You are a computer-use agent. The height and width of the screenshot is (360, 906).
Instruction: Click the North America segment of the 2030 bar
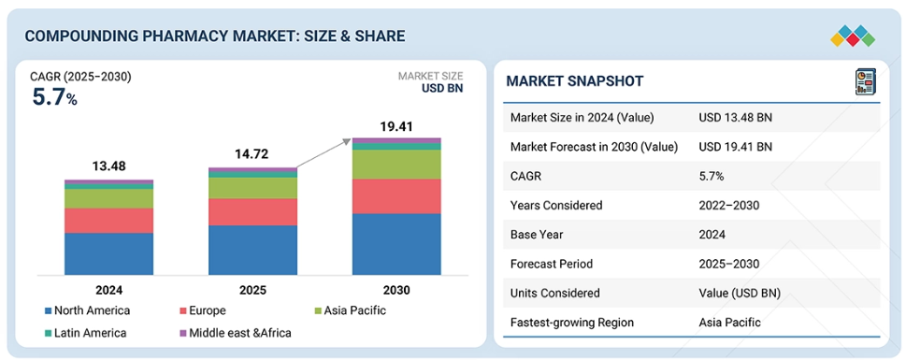coord(396,244)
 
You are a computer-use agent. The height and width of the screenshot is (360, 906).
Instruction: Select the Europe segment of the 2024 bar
coord(108,221)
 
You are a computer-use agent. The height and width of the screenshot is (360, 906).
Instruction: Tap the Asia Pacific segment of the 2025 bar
coord(252,188)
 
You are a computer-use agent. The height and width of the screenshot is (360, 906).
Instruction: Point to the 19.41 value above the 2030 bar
coord(396,126)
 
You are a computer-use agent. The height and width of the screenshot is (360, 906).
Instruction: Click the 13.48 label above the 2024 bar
coord(108,166)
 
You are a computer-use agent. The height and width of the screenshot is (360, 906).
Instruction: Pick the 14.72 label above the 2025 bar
coord(252,154)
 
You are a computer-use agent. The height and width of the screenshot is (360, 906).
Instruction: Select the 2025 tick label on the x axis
coord(252,290)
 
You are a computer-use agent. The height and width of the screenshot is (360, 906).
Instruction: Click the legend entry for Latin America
coord(85,333)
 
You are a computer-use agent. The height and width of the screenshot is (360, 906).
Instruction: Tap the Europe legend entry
coord(202,310)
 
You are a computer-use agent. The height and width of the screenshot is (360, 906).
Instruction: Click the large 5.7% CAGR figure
coord(54,97)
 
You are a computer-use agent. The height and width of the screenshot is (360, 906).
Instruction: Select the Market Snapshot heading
coord(574,81)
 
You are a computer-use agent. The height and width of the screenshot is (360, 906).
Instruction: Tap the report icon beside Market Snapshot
coord(865,81)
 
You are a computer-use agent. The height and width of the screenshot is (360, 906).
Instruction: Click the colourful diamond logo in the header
coord(853,36)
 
